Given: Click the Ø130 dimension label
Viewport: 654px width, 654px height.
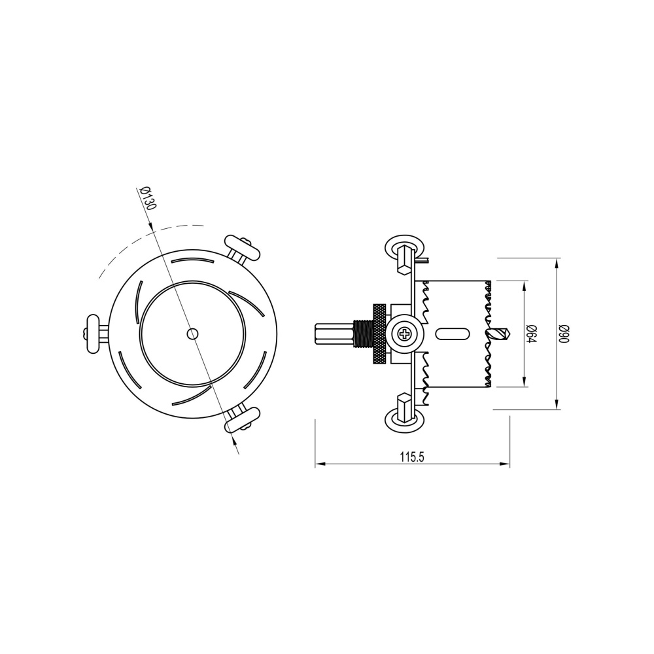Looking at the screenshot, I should [148, 198].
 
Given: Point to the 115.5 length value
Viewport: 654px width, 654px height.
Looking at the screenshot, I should [413, 458].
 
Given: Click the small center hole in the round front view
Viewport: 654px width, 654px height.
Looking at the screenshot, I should [191, 334].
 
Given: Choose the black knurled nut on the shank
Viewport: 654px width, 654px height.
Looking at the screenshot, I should [379, 334].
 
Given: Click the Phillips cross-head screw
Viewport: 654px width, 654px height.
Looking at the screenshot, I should [405, 334].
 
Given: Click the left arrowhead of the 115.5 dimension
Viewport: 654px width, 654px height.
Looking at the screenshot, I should [318, 464].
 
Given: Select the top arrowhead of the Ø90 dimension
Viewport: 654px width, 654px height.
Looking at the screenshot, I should [557, 263].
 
